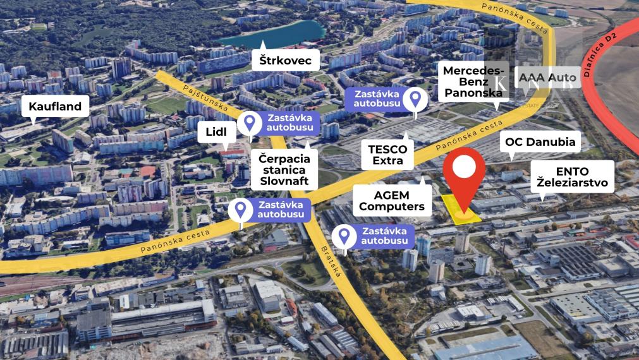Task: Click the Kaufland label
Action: (55, 106)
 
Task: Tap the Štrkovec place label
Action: (286, 60)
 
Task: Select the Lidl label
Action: (221, 131)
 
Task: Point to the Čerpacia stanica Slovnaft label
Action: (284, 169)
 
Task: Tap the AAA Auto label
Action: (544, 78)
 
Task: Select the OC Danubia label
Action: (540, 142)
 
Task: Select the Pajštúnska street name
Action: (204, 98)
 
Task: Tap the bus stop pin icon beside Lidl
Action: (250, 121)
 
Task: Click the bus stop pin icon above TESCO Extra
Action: (415, 99)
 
